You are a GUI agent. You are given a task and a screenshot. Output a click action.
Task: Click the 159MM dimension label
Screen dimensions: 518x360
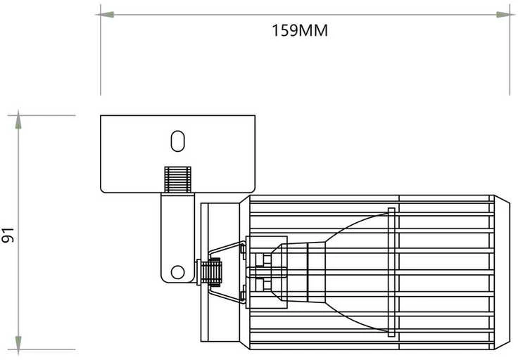tap(300, 30)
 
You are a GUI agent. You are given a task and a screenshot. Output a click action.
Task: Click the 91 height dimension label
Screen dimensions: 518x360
tap(8, 235)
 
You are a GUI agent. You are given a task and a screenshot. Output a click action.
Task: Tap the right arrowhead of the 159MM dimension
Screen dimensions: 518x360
tap(505, 15)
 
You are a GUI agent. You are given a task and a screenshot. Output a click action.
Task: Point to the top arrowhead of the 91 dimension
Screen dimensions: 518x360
tap(18, 120)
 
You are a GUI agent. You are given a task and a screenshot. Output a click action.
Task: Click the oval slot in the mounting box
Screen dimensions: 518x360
tap(178, 141)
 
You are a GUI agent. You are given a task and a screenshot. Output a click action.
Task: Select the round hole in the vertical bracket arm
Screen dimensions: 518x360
tap(178, 272)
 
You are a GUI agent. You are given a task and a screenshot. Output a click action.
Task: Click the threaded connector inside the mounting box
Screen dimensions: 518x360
tap(178, 179)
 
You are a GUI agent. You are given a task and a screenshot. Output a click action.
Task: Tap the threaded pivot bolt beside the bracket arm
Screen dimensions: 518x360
tap(210, 271)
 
